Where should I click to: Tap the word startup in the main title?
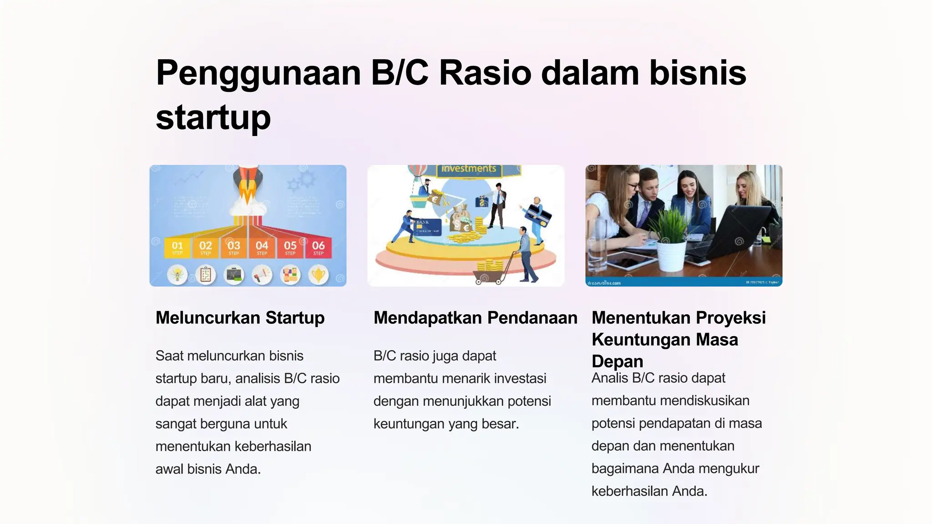[x=213, y=117]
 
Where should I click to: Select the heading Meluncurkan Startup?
[x=240, y=317]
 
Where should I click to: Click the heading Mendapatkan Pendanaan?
[x=475, y=317]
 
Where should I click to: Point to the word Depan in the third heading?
[x=617, y=361]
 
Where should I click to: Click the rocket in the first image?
[x=248, y=186]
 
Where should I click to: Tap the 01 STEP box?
[x=177, y=248]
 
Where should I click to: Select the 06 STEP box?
[x=319, y=248]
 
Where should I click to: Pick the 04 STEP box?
[x=262, y=248]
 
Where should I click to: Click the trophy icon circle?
[x=319, y=275]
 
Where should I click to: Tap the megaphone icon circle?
[x=262, y=275]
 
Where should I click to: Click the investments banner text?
[x=469, y=169]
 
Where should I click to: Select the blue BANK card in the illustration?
[x=427, y=227]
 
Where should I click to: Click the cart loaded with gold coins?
[x=490, y=272]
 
